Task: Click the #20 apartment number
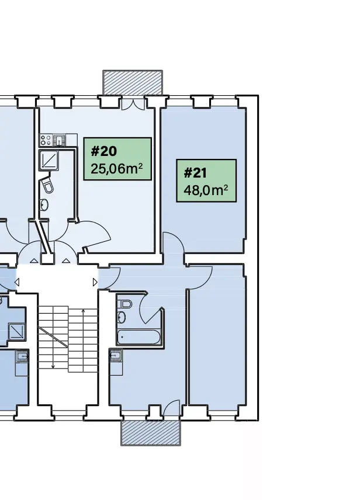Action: point(104,152)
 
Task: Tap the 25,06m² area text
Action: point(117,169)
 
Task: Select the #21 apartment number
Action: point(196,173)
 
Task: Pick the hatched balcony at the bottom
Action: point(151,432)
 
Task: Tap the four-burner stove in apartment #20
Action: point(46,140)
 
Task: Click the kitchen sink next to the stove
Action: point(60,140)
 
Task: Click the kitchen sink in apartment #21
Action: point(115,355)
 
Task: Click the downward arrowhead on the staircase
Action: point(53,366)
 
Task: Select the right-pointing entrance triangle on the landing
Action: point(95,282)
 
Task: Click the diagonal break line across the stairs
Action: point(54,339)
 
